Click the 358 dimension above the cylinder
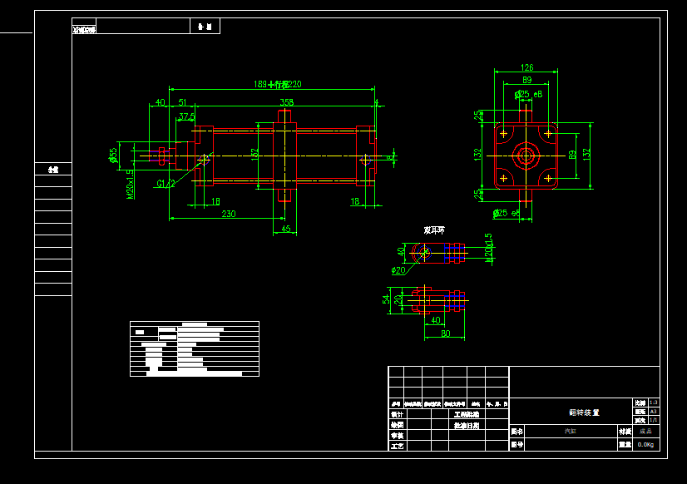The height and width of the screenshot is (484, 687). click(286, 103)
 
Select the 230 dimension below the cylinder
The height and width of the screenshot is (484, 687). click(228, 214)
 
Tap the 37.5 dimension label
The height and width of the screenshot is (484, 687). click(187, 116)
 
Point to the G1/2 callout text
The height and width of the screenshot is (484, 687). click(166, 184)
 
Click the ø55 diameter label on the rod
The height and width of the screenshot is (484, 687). click(113, 155)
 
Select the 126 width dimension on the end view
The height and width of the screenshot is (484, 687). click(526, 68)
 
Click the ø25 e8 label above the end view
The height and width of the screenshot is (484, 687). click(528, 95)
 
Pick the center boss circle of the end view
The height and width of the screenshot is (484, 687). click(526, 154)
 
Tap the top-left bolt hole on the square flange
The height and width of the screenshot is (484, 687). click(504, 133)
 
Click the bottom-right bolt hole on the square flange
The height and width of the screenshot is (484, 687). click(548, 177)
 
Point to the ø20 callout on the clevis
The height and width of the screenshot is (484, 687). click(398, 270)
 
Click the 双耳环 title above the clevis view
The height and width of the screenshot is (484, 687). click(434, 230)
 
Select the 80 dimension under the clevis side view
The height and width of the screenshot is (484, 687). click(445, 334)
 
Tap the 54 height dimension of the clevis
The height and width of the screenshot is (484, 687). click(386, 299)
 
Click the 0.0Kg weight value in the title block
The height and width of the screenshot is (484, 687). click(646, 445)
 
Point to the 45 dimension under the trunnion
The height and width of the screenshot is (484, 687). click(286, 229)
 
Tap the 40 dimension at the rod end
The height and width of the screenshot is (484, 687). click(159, 103)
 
